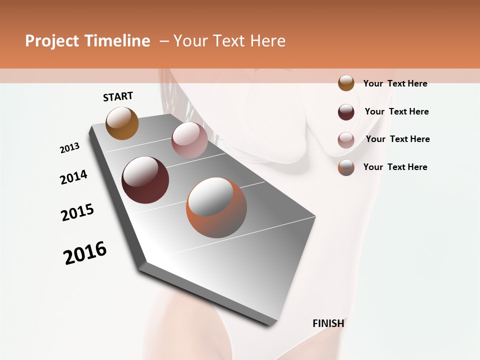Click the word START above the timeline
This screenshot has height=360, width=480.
(118, 96)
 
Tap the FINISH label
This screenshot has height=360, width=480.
(328, 323)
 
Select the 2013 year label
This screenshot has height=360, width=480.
(70, 148)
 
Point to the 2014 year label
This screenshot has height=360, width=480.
(74, 177)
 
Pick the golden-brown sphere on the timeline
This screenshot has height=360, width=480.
(122, 123)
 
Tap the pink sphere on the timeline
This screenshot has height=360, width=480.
(189, 139)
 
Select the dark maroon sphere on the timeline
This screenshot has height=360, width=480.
(145, 180)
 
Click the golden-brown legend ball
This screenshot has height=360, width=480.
(346, 83)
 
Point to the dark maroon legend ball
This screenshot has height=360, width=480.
(346, 112)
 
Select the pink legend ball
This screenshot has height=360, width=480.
(346, 140)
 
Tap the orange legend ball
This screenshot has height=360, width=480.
(346, 167)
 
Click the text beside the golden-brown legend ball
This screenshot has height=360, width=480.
(395, 83)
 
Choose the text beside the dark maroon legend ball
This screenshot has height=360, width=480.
(396, 111)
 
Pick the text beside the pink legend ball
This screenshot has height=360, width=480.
(397, 139)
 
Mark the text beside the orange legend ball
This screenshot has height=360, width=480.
(395, 167)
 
